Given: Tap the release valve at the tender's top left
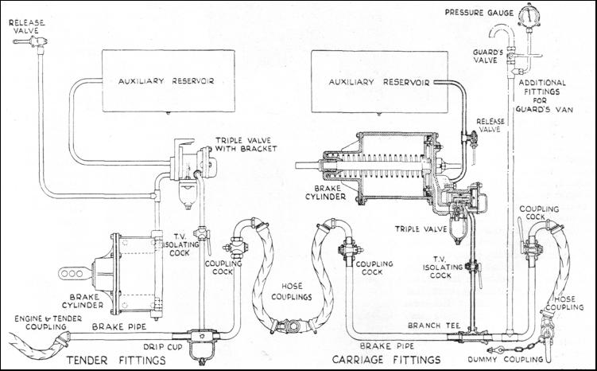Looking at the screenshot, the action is pos(31,41).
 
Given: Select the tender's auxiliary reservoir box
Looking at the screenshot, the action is pos(169,81).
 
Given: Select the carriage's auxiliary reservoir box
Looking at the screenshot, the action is pos(379,82).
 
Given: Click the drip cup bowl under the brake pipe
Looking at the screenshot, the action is pos(200,350).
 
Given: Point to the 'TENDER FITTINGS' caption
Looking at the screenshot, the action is pos(116,361).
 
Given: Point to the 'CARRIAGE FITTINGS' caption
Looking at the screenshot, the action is pos(386,360).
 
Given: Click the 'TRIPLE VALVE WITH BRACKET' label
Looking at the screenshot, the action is pos(246,145).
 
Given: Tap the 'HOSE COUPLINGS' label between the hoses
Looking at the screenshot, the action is pos(292,291).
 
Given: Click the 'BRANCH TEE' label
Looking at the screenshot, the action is pos(434,326).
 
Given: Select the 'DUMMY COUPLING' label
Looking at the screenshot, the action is pos(506,359).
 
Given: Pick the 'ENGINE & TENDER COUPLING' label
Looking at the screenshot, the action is pos(48,322).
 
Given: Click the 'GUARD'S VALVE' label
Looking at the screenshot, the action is pos(486,56).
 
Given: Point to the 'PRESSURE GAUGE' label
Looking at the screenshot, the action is pos(479,13).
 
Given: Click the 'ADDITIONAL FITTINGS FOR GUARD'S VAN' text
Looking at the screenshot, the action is pos(544,96).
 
